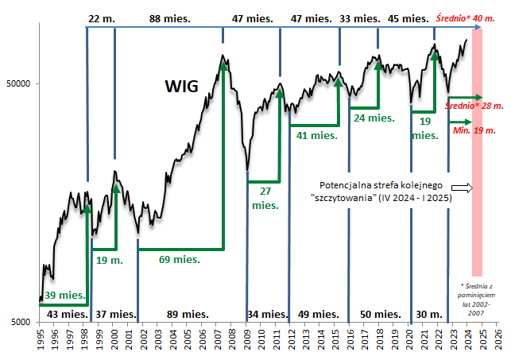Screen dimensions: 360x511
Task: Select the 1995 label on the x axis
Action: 40,340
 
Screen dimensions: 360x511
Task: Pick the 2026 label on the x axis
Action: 497,340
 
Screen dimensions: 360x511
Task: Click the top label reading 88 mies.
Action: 170,17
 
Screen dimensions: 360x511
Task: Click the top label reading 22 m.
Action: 101,17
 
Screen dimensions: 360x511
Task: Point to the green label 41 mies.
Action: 316,135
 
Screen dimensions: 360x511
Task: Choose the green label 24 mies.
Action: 374,118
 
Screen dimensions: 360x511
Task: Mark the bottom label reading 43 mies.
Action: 66,314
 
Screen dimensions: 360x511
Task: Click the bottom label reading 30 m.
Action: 429,314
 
